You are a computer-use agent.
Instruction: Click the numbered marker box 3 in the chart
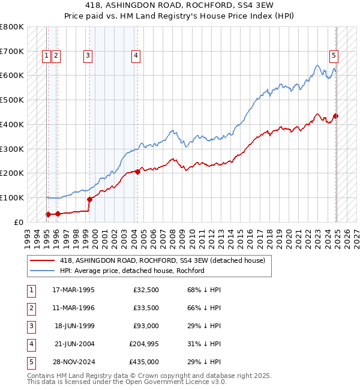pyautogui.click(x=88, y=56)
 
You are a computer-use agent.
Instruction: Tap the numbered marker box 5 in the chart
pyautogui.click(x=334, y=56)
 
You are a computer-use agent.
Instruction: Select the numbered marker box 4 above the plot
pyautogui.click(x=136, y=56)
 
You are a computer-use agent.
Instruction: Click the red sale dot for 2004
pyautogui.click(x=137, y=172)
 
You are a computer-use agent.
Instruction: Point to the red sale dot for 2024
pyautogui.click(x=336, y=116)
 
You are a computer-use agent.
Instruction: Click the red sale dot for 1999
pyautogui.click(x=89, y=199)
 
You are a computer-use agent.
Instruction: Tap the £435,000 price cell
pyautogui.click(x=144, y=362)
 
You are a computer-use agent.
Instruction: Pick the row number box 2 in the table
pyautogui.click(x=31, y=308)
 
